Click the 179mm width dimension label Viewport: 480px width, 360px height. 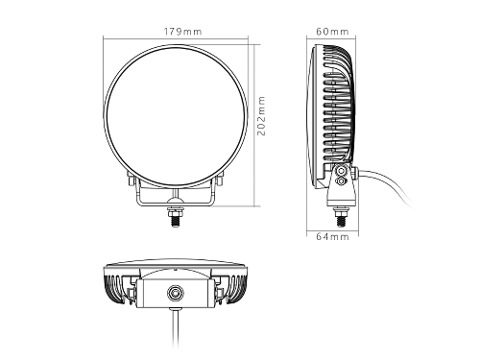182,32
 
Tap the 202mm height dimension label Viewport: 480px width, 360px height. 261,115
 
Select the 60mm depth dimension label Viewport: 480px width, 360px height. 332,32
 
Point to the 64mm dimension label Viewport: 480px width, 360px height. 332,236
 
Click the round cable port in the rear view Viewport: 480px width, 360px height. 175,293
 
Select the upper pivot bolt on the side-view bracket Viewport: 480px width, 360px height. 341,171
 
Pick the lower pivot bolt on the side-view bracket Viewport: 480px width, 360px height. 341,181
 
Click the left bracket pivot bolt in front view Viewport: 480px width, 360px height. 132,180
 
